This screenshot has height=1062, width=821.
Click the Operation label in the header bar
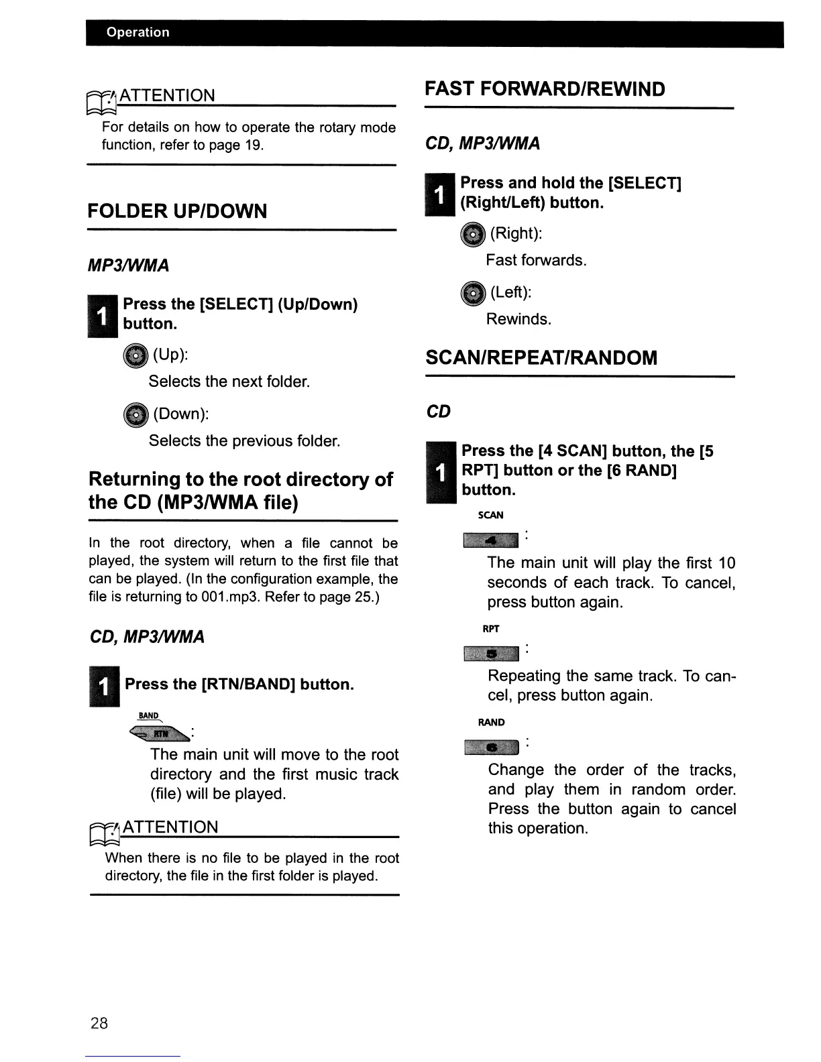coord(138,32)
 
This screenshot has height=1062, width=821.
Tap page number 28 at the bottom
coord(99,1022)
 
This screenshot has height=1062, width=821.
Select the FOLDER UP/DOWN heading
coord(177,211)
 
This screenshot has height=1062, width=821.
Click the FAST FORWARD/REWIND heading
coord(545,89)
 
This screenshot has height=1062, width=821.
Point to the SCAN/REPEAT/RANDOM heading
coord(541,357)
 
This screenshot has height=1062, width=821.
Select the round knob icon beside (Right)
coord(472,234)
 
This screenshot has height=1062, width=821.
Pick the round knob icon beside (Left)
coord(472,294)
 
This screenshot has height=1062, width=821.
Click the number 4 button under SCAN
coord(490,540)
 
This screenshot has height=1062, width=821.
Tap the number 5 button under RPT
coord(490,653)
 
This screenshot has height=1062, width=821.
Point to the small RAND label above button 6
coord(491,722)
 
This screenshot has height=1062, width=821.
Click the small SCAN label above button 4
coord(490,515)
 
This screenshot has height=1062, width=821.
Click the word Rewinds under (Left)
coord(518,319)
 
